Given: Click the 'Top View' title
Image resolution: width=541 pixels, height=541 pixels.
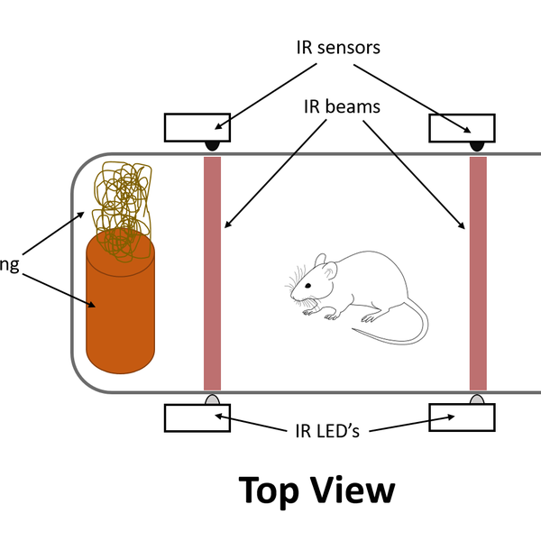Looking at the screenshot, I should tap(316, 491).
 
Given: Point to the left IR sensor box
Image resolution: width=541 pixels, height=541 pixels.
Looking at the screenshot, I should tap(197, 127).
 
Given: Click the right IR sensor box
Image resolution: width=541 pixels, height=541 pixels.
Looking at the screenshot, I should tap(461, 127).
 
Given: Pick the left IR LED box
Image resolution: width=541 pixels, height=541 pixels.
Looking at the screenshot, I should tap(197, 417).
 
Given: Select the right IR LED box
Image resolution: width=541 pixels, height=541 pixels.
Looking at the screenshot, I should tap(461, 417).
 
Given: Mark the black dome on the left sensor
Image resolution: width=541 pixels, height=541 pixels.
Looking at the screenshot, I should tap(213, 145).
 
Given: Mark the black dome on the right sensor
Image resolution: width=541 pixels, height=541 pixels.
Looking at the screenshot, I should tap(477, 145).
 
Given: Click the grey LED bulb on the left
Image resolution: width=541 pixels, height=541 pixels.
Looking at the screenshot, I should tap(213, 399).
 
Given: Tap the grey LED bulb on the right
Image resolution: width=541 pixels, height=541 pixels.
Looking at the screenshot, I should tap(477, 399).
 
